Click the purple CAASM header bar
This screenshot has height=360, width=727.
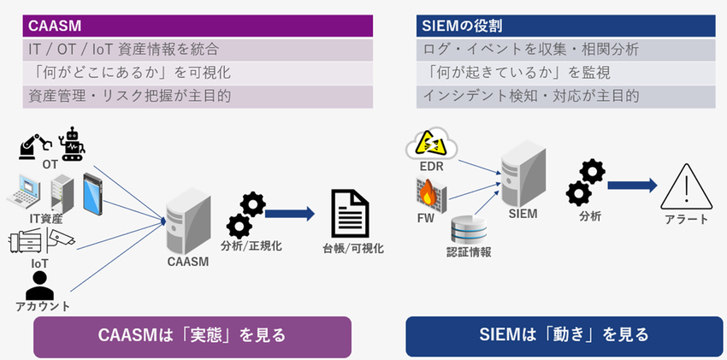click(198, 26)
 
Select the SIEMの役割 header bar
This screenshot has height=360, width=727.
click(565, 26)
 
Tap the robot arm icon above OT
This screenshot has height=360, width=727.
click(34, 145)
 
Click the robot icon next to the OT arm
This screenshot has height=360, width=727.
click(71, 143)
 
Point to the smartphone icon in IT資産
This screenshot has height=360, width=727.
click(92, 192)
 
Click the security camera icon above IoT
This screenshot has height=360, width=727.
click(60, 240)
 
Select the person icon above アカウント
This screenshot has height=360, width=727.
click(39, 285)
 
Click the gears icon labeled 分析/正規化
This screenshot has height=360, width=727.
click(245, 215)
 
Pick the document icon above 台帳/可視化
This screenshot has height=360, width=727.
click(350, 215)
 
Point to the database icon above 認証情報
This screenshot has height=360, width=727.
click(468, 229)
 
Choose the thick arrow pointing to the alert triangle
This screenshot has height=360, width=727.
click(631, 186)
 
